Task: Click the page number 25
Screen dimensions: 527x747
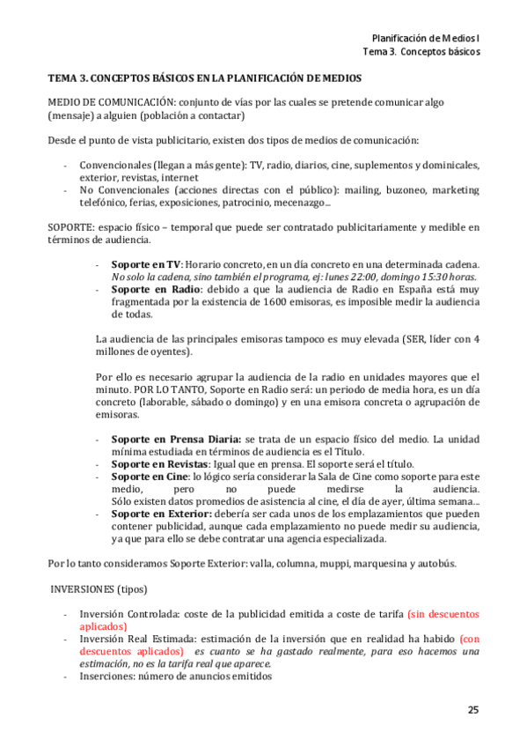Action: point(473,709)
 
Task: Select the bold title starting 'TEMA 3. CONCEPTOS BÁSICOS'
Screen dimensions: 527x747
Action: point(204,78)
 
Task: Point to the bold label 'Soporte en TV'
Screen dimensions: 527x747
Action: point(145,264)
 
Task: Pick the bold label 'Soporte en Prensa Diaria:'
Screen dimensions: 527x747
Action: point(176,439)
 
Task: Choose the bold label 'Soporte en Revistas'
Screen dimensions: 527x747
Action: point(160,463)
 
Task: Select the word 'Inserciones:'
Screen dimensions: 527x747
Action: point(109,676)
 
